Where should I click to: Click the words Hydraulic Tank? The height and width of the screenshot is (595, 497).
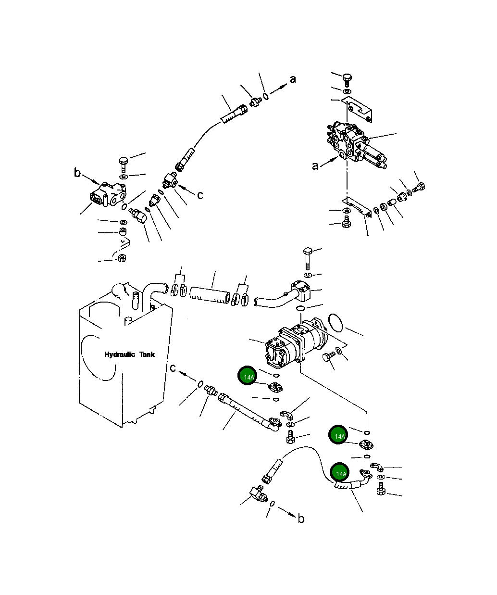point(130,354)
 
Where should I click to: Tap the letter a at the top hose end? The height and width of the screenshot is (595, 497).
point(292,79)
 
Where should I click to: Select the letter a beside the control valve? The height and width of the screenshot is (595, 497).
point(315,166)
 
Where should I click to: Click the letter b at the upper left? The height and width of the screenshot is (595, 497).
point(77,173)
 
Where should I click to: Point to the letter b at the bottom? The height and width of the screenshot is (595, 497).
point(301,519)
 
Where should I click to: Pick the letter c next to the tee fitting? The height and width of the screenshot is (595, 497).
point(200,195)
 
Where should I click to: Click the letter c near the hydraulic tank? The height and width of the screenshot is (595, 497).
point(173,368)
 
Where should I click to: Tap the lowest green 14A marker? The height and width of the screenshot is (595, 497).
point(341,473)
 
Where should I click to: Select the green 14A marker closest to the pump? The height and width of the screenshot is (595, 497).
point(248,377)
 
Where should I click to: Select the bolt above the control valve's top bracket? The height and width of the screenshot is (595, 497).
point(348,78)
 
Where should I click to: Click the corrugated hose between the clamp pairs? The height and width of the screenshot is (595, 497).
point(210,294)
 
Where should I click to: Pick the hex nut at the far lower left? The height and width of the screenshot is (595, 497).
point(122,258)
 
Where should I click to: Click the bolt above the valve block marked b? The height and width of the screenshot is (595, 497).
point(123,164)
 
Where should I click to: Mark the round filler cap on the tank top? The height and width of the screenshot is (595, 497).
point(118,291)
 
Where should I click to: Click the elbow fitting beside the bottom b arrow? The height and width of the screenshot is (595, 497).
point(254,494)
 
